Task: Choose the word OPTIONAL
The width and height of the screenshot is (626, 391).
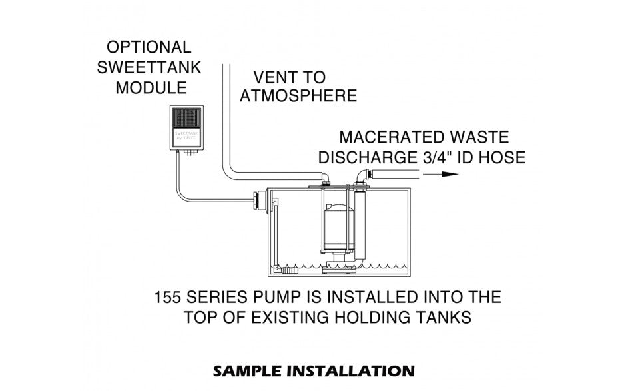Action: [149, 47]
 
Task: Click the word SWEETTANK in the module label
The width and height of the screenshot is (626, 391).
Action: [149, 67]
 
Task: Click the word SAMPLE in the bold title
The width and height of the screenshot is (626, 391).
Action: [245, 370]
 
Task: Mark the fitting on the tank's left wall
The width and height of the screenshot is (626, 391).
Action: [259, 200]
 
